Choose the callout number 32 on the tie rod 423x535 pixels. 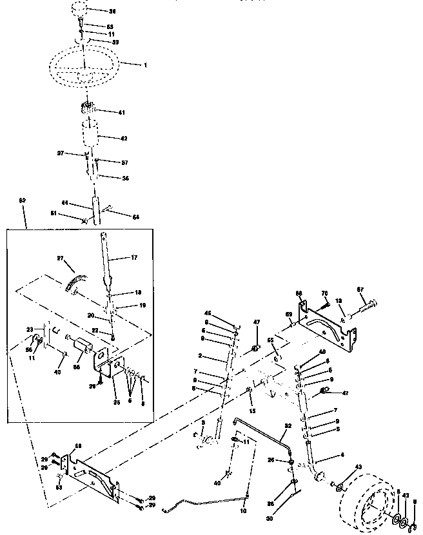[x=288, y=426]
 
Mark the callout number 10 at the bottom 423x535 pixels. [x=244, y=511]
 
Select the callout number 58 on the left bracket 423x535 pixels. [x=78, y=445]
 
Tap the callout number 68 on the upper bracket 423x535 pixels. [x=299, y=293]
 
